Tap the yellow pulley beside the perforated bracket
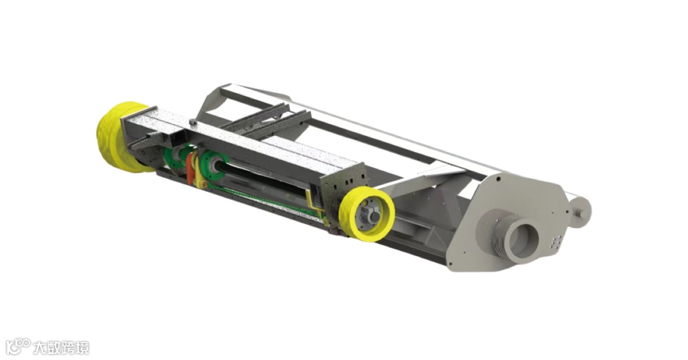click(367, 213)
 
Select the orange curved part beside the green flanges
click(190, 166)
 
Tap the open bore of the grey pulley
click(522, 241)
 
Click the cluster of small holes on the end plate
click(556, 241)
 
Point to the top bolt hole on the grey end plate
click(498, 178)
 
